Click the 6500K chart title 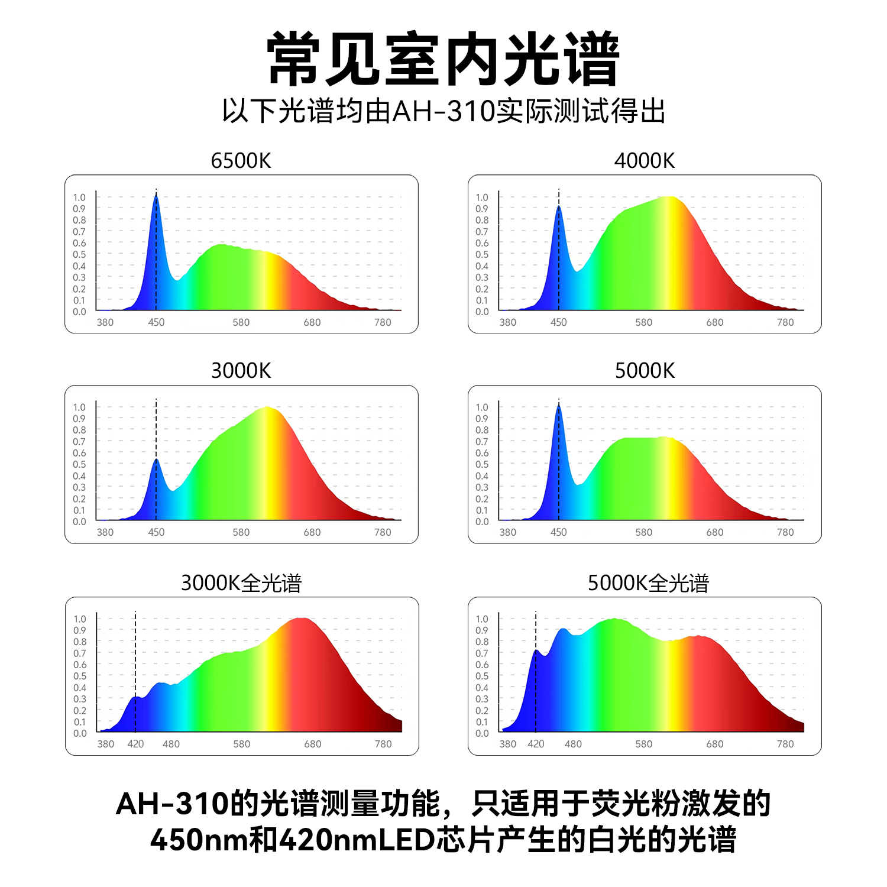[241, 161]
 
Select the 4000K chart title [644, 161]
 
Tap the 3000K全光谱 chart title [241, 583]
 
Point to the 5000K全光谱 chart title [648, 583]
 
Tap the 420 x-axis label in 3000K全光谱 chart [135, 744]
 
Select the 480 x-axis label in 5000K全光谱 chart [573, 744]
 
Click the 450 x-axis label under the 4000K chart [559, 322]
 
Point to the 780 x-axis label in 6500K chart [383, 322]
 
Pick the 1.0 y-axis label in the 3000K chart [79, 407]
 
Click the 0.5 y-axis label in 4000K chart [482, 254]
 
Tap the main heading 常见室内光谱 [443, 59]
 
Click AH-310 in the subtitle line [444, 111]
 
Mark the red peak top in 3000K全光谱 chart [302, 619]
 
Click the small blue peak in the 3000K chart [156, 460]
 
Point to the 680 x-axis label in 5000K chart [715, 532]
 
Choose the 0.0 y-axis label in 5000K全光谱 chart [482, 733]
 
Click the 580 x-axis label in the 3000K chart [241, 532]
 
